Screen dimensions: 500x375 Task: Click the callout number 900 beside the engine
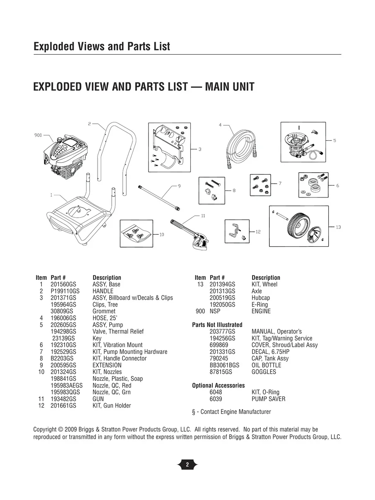tap(38, 135)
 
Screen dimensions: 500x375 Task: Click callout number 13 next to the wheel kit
tap(338, 227)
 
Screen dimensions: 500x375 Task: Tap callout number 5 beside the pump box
tap(334, 140)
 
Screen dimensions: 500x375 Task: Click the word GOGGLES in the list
tap(264, 372)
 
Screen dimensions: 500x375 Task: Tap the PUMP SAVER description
tap(268, 399)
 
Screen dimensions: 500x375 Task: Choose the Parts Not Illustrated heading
tap(217, 325)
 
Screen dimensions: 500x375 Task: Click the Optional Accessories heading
tap(219, 385)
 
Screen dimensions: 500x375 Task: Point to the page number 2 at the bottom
tap(187, 465)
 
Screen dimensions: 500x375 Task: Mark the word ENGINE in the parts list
tap(261, 311)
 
